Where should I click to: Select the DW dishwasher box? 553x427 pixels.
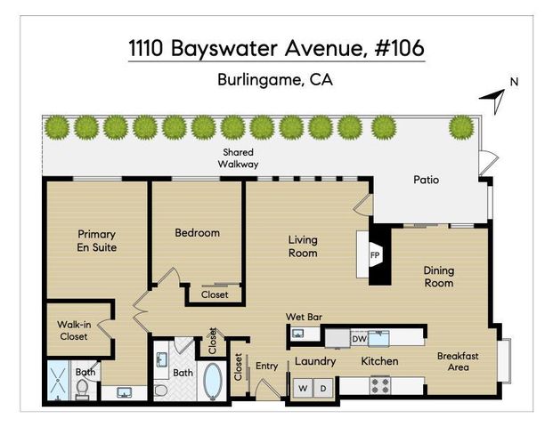(x=359, y=339)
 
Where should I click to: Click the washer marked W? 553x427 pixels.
(x=303, y=388)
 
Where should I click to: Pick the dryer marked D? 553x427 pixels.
(x=324, y=388)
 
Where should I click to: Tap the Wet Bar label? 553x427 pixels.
(x=303, y=317)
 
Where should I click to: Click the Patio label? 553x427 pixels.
(x=426, y=180)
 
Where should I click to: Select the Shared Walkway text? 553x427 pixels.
(x=240, y=158)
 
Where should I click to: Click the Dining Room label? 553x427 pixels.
(x=438, y=277)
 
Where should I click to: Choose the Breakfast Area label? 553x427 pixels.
(x=458, y=361)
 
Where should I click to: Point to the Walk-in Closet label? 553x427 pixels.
(x=75, y=331)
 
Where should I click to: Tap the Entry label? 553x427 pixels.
(x=267, y=366)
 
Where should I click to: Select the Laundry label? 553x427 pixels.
(x=314, y=361)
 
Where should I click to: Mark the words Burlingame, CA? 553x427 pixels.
(x=275, y=78)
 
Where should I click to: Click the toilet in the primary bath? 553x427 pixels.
(x=82, y=389)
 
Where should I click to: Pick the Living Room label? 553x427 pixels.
(x=303, y=246)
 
